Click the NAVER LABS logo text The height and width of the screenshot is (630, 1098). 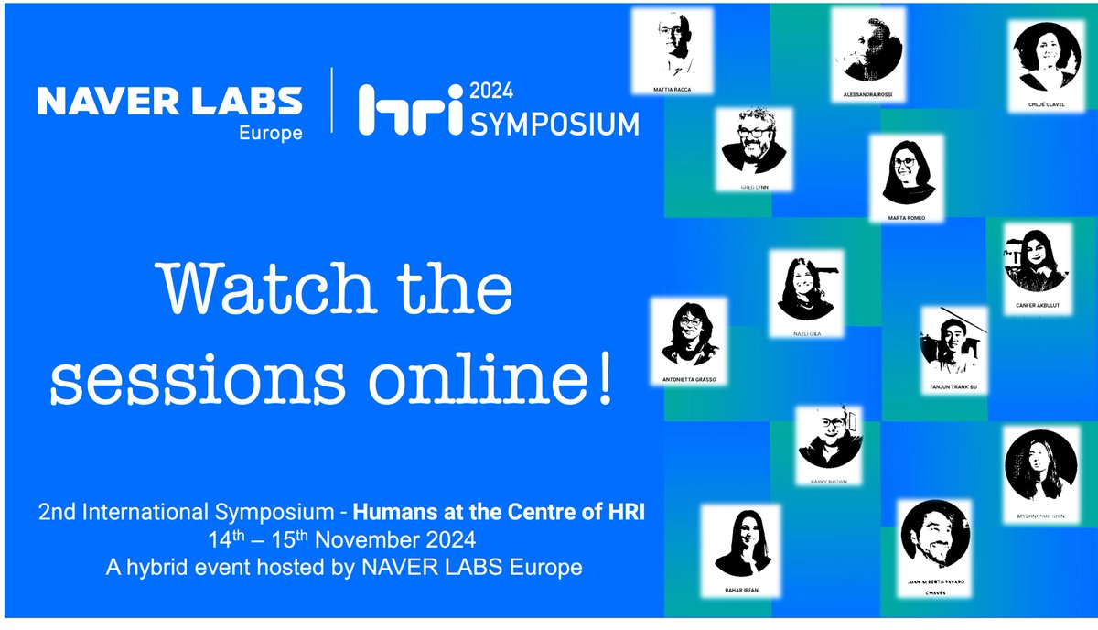(169, 101)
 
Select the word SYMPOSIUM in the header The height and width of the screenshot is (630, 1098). (554, 124)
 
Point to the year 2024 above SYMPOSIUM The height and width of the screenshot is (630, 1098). (491, 92)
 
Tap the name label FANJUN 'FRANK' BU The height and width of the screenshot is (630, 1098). (953, 387)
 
